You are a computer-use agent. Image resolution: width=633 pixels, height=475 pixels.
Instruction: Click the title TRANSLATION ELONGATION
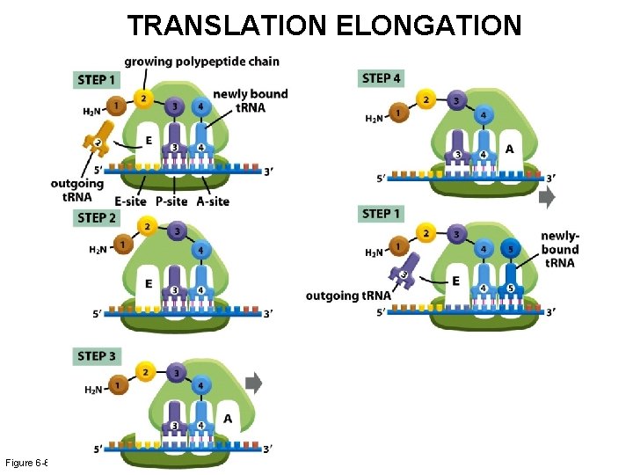[x=324, y=26]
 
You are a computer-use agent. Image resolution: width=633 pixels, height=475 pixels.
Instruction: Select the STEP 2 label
[x=97, y=217]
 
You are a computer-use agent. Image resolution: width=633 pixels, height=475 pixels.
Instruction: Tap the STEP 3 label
[x=97, y=356]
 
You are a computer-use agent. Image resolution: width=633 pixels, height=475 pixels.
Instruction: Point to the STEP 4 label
[x=382, y=78]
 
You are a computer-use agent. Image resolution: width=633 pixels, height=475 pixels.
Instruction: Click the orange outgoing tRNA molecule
[x=94, y=139]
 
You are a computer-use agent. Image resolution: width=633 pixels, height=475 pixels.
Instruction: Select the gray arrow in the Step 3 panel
[x=253, y=382]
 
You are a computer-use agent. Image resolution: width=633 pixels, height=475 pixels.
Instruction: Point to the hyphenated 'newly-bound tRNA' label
[x=560, y=249]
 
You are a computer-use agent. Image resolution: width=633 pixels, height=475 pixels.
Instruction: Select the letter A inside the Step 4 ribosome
[x=509, y=150]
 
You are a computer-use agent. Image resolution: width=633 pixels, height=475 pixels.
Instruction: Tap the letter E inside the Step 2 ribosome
[x=148, y=283]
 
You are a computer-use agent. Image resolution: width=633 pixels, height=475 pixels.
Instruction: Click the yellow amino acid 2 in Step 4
[x=426, y=99]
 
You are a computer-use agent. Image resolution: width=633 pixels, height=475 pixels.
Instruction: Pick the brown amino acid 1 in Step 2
[x=123, y=244]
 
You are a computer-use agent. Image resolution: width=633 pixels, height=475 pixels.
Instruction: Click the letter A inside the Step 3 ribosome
[x=227, y=419]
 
